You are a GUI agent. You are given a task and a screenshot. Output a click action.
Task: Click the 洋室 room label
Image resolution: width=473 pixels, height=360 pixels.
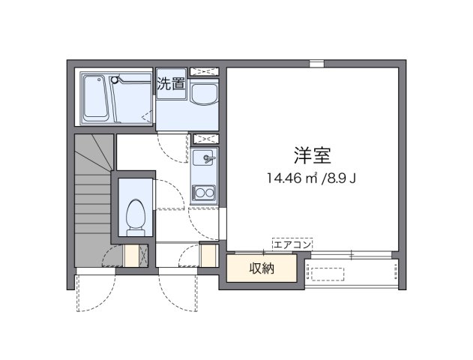[313, 155]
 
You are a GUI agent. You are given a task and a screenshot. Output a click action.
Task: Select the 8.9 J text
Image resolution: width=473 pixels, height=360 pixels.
[340, 178]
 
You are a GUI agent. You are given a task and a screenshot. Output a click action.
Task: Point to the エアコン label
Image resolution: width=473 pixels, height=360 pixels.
[291, 244]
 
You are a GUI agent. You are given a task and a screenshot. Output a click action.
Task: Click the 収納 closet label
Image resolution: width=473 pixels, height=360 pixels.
[262, 268]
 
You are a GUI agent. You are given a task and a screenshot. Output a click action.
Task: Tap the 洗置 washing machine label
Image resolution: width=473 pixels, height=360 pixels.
[171, 83]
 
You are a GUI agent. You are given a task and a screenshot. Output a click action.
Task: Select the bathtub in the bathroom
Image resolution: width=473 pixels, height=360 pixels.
[95, 97]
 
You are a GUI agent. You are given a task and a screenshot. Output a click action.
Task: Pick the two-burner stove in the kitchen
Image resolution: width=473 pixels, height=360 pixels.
[203, 194]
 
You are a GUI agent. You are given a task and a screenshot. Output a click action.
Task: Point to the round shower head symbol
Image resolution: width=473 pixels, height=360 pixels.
[115, 77]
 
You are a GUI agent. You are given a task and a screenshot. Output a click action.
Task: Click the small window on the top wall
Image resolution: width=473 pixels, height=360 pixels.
[317, 63]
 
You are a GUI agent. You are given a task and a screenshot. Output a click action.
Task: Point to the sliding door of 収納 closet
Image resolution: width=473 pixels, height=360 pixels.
[262, 255]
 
